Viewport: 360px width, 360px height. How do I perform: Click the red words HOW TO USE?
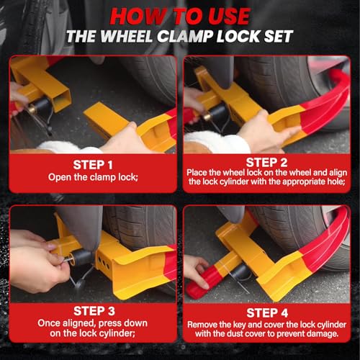coord(180,17)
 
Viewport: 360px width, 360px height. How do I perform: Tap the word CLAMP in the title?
coord(184,37)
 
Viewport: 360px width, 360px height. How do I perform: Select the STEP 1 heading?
coord(93,165)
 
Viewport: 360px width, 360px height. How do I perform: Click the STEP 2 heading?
coord(266,162)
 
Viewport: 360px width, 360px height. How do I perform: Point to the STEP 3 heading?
coord(94,311)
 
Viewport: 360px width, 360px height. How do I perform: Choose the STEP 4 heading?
coord(267,312)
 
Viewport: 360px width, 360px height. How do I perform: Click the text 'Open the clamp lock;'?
coord(93,177)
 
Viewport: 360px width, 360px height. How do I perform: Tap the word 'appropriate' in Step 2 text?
coord(305,181)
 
